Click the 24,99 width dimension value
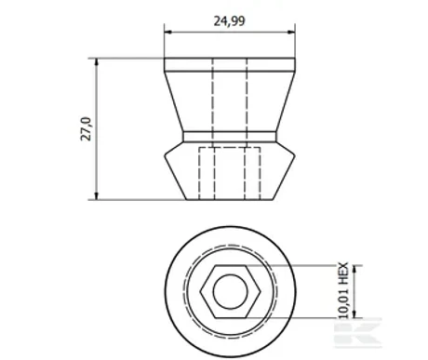(x=229, y=21)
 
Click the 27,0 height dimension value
(x=86, y=129)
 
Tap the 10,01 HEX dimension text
(x=343, y=290)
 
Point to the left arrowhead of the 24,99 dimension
(x=167, y=32)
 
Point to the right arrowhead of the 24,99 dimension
(x=291, y=32)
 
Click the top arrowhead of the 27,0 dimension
(x=97, y=61)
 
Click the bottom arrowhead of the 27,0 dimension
(x=97, y=196)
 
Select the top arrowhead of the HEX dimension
(x=355, y=269)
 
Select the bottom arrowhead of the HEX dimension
(x=355, y=313)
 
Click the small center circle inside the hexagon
(x=230, y=291)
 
